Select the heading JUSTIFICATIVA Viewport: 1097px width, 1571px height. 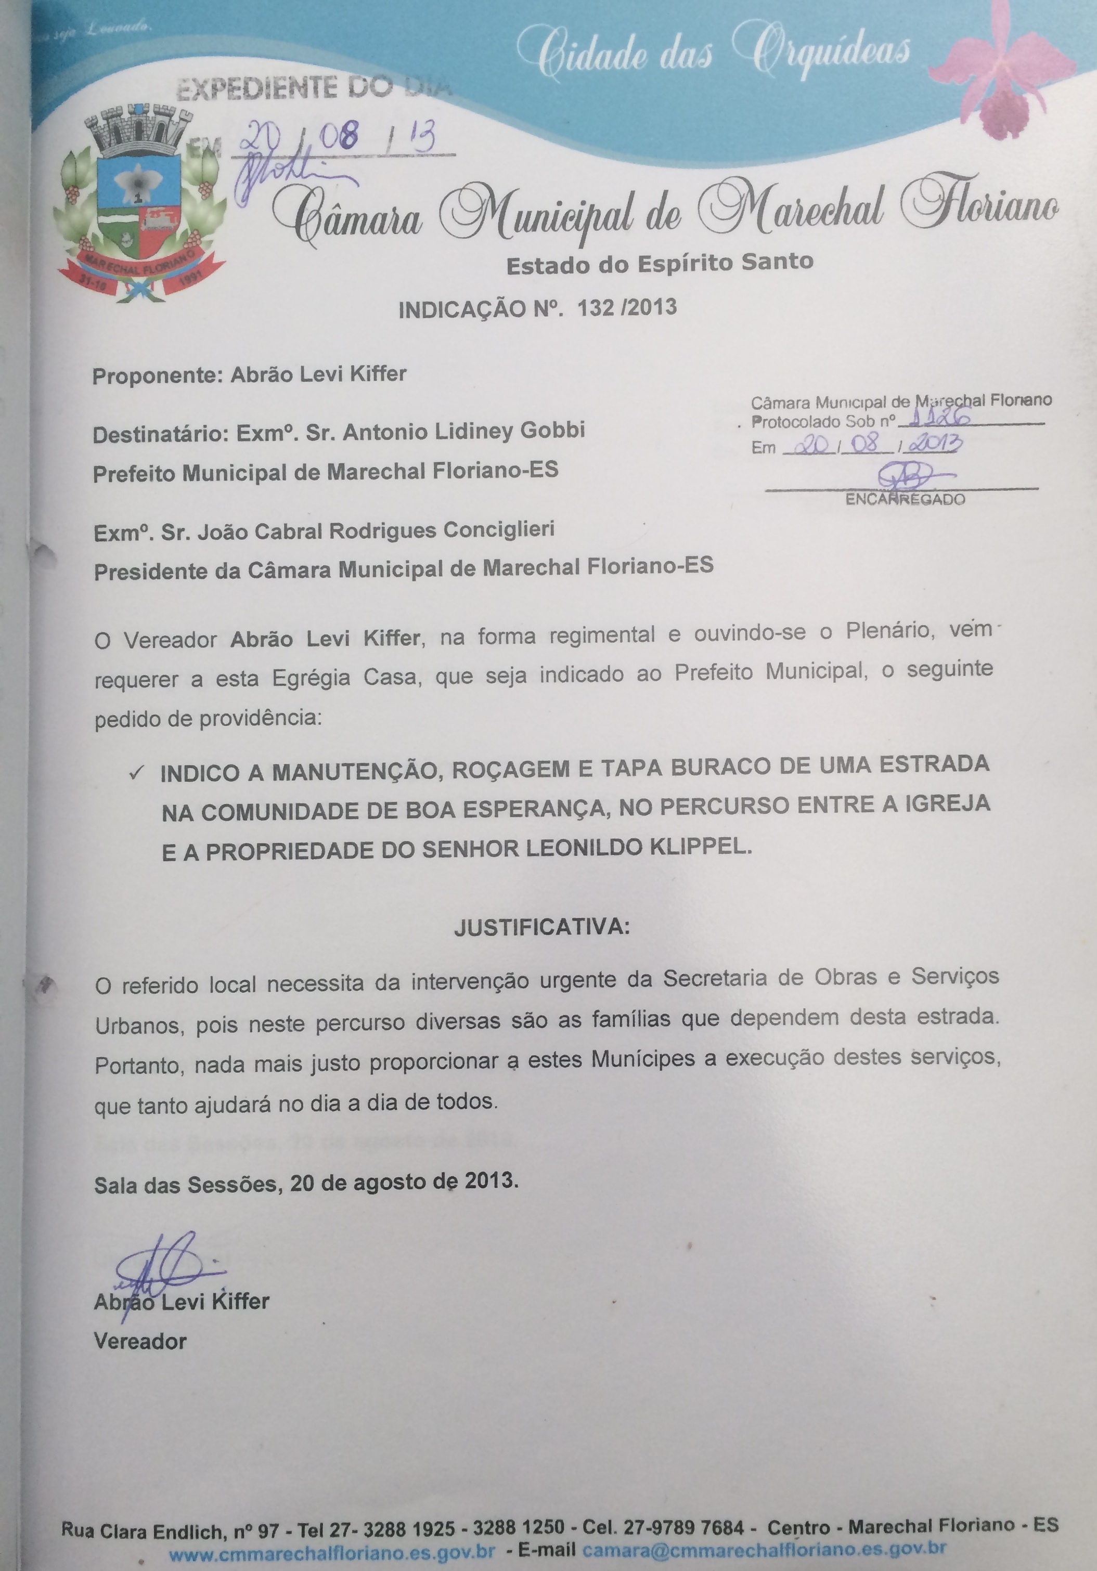point(540,927)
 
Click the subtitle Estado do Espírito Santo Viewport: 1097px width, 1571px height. point(660,263)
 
